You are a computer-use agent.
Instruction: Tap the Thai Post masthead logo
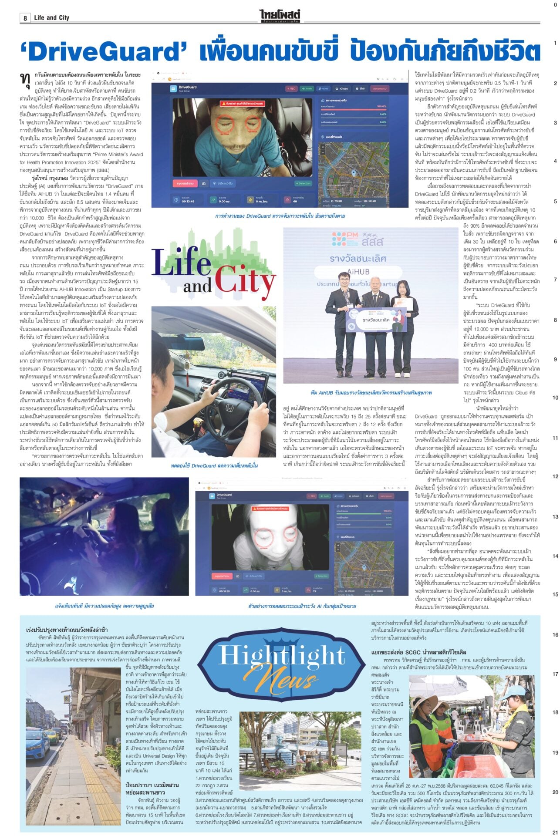click(280, 17)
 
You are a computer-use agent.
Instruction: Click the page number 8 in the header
click(25, 18)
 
